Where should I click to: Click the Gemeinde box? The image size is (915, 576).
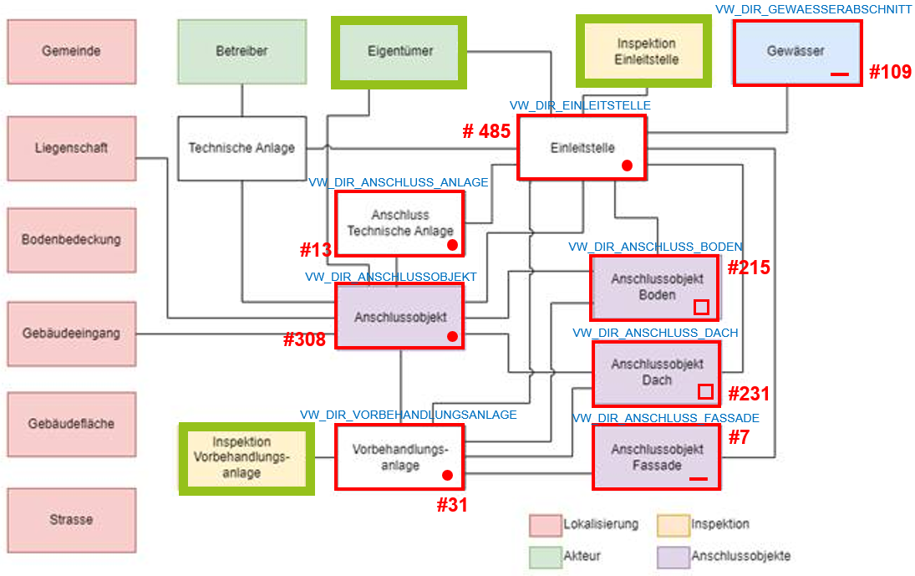pos(71,52)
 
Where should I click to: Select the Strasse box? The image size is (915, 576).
pos(71,520)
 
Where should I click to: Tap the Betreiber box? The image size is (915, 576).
pos(242,52)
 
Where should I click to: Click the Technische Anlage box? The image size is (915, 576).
pos(241,148)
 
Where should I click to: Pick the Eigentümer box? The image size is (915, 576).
pos(400,52)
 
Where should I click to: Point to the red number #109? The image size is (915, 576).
pos(890,72)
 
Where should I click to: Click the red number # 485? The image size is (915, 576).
pos(486,131)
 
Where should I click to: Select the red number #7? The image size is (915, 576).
pos(739,436)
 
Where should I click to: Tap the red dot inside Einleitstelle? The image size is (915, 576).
pos(627,166)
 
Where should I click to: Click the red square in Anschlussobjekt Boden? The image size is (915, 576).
pos(701,307)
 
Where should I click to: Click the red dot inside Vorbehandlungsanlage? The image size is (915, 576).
pos(447,475)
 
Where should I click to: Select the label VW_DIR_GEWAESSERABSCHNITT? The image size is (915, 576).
pos(813,8)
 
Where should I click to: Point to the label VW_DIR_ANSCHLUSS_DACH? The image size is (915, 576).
pos(655,333)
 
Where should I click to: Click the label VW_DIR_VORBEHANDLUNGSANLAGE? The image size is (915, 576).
pos(409,415)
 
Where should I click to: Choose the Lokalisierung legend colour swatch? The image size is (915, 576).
pos(544,525)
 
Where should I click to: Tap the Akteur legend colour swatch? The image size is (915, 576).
pos(544,556)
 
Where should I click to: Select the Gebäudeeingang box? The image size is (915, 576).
pos(71,334)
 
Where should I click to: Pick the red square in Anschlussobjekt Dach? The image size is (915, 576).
pos(705,391)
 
